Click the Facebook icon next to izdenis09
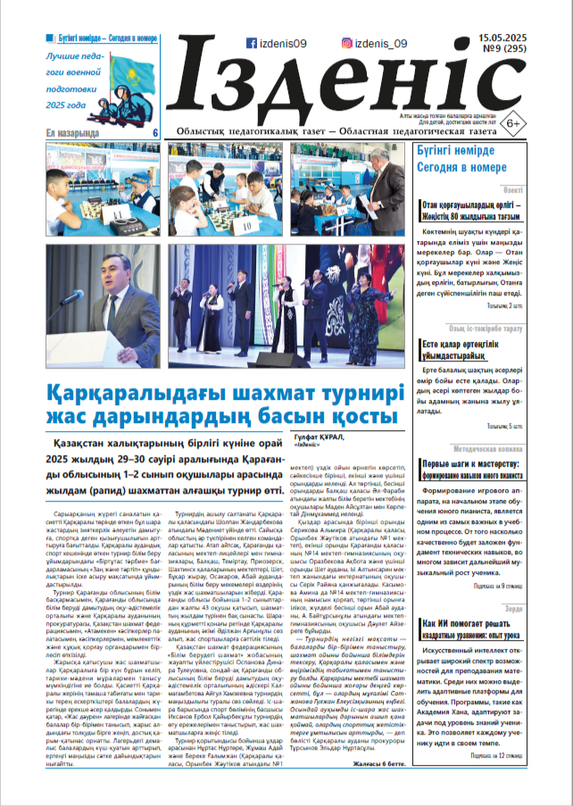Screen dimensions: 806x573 point(253,43)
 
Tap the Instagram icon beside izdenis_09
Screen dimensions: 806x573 point(347,43)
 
